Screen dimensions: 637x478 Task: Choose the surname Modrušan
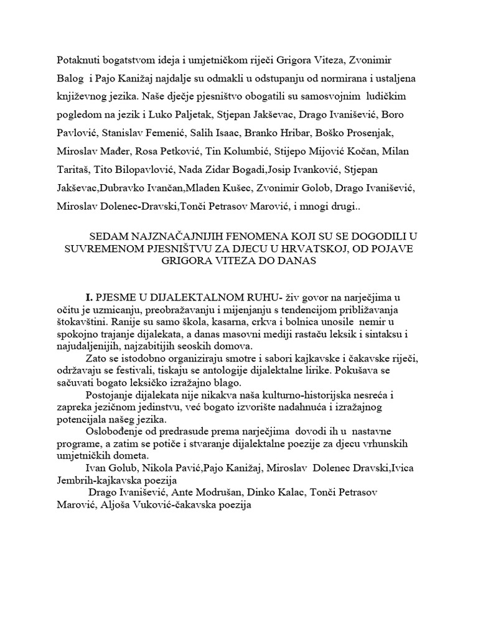[218, 493]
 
